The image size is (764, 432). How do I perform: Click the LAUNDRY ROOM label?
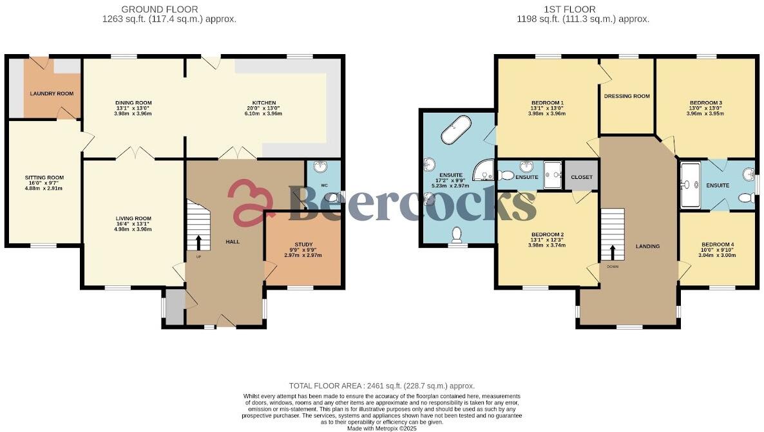click(x=52, y=93)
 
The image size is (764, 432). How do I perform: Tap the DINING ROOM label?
click(x=133, y=103)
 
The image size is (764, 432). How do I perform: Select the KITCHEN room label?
click(x=264, y=103)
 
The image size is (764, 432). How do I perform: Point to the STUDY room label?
click(x=303, y=245)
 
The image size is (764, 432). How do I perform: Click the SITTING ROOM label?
click(x=44, y=178)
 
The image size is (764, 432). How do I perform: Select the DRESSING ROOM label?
click(x=627, y=97)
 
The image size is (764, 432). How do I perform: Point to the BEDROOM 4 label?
click(x=717, y=245)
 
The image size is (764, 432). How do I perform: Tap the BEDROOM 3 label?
click(x=705, y=103)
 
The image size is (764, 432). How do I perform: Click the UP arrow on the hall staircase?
click(x=198, y=243)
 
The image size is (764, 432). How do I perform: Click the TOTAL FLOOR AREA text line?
click(x=381, y=385)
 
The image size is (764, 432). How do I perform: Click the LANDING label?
click(x=647, y=247)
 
